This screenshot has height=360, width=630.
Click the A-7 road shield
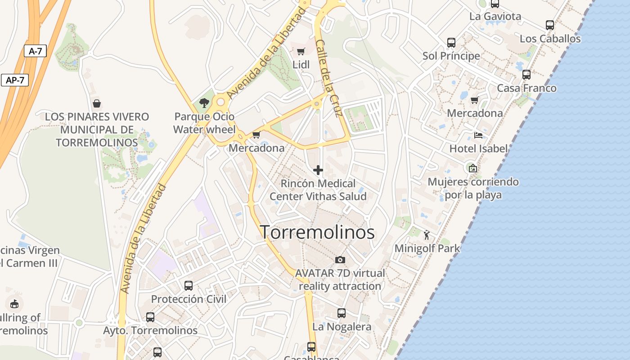(x=35, y=51)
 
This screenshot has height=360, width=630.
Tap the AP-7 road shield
(x=15, y=80)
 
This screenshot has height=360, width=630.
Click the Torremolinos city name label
(x=317, y=232)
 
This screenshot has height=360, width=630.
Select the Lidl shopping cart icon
(x=301, y=51)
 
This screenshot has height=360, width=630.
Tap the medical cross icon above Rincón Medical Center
(x=318, y=170)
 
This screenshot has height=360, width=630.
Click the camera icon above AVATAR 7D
(x=340, y=260)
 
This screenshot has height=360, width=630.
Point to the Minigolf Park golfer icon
(x=427, y=234)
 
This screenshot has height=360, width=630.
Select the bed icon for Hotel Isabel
(x=478, y=135)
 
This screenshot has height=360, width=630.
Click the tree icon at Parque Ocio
(x=204, y=103)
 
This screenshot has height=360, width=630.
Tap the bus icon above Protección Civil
(x=189, y=285)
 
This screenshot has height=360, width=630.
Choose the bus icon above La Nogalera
(x=342, y=313)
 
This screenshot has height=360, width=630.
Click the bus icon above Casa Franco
(x=526, y=74)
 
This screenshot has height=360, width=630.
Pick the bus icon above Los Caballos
(x=550, y=25)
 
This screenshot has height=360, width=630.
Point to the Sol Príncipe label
(x=451, y=56)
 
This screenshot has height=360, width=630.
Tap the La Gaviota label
(x=495, y=17)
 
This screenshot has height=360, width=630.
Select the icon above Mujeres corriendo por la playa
(x=472, y=168)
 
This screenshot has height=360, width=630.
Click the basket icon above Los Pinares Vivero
(x=96, y=103)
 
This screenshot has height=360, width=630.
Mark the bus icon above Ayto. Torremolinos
(x=150, y=317)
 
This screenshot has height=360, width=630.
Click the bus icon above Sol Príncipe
(x=451, y=43)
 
